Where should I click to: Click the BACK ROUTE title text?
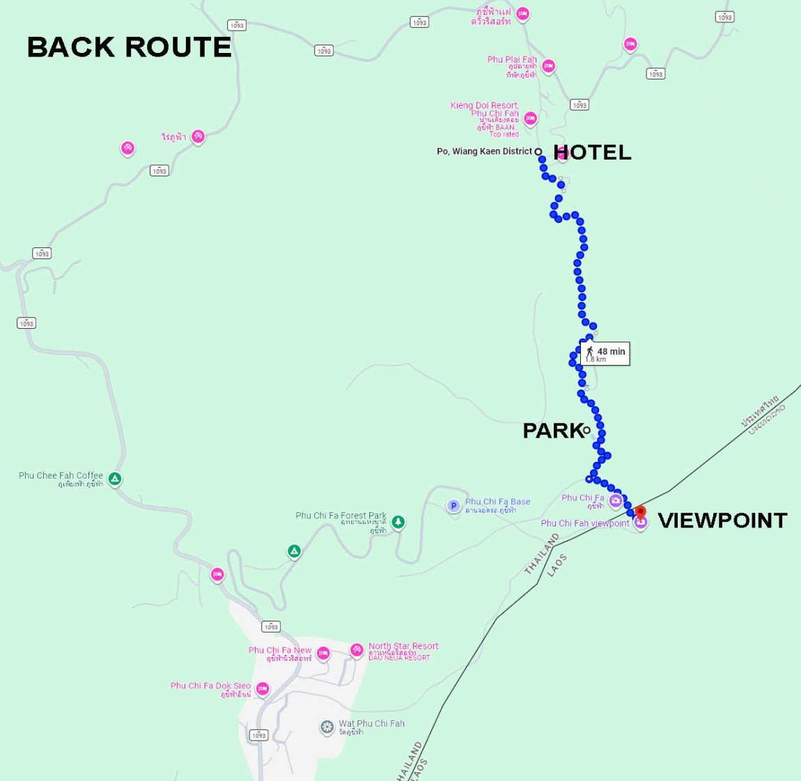click(x=130, y=47)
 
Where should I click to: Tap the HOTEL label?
click(x=592, y=153)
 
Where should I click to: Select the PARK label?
click(x=552, y=431)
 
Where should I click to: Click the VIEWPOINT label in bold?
click(x=722, y=520)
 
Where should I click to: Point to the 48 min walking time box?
click(x=605, y=353)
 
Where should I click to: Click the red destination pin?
click(x=640, y=512)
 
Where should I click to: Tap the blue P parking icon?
click(x=453, y=507)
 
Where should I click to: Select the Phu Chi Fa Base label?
click(x=497, y=502)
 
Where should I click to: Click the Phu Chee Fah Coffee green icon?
click(x=115, y=479)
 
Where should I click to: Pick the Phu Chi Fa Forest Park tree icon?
click(x=398, y=521)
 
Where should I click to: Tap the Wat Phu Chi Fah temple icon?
click(x=327, y=727)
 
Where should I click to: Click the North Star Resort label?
click(x=403, y=647)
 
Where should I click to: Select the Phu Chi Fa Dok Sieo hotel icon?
click(x=262, y=689)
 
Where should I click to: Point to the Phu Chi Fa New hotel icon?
click(x=323, y=654)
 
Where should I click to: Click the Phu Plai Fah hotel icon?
click(x=548, y=66)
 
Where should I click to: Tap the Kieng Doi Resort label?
click(x=484, y=106)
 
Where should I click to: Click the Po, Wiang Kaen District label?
click(x=484, y=151)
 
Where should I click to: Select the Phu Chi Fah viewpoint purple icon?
click(x=640, y=523)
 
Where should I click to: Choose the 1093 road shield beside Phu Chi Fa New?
click(x=271, y=626)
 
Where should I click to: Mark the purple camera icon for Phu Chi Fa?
click(x=615, y=500)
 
